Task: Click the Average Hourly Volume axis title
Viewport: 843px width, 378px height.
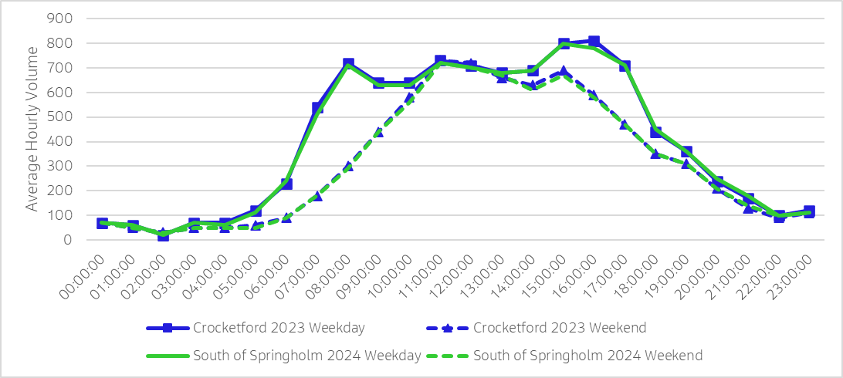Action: pyautogui.click(x=32, y=129)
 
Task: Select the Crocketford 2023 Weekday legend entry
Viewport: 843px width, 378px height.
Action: pyautogui.click(x=256, y=328)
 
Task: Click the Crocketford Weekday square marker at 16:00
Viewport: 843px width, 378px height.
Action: pyautogui.click(x=594, y=42)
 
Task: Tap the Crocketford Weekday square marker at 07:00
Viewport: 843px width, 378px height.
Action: pyautogui.click(x=317, y=108)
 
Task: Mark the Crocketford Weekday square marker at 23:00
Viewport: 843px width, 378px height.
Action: pyautogui.click(x=809, y=212)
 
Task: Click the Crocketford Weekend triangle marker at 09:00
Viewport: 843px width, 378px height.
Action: pyautogui.click(x=378, y=132)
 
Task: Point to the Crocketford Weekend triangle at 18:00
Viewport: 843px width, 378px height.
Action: pyautogui.click(x=655, y=154)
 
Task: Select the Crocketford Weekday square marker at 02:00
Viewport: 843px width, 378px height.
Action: pyautogui.click(x=163, y=235)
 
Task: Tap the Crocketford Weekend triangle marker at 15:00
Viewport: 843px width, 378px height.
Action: pyautogui.click(x=564, y=71)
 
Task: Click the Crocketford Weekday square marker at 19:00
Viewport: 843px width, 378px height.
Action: pyautogui.click(x=686, y=152)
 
